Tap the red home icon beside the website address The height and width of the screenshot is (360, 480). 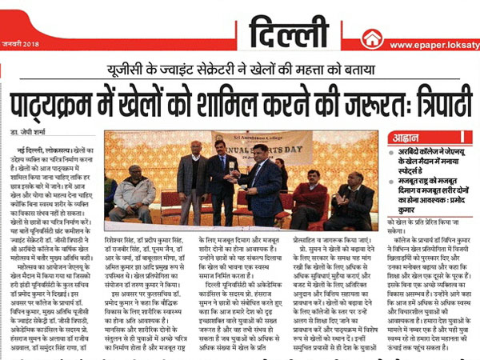coord(370,38)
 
